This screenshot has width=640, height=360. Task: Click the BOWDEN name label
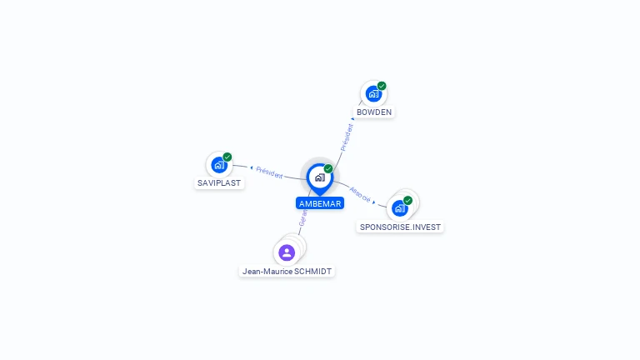point(373,112)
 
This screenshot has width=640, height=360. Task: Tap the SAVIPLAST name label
point(220,182)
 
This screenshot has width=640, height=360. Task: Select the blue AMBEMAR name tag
point(320,203)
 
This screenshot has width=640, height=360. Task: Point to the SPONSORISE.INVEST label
point(401,227)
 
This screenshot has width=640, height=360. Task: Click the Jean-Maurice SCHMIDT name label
point(287,271)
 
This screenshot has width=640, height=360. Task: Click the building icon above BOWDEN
point(372,94)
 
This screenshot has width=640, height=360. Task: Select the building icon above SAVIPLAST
point(218,165)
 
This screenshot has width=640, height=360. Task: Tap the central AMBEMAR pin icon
point(319,177)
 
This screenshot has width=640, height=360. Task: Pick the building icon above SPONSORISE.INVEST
point(400,208)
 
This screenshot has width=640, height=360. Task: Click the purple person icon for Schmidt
point(287,252)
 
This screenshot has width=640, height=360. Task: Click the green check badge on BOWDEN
point(382,86)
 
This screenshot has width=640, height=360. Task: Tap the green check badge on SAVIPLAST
point(227,157)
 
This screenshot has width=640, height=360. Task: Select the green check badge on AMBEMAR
point(328,168)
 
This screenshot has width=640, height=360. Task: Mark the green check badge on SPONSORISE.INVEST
point(408,200)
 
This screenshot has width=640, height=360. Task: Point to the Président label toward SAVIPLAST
point(269,172)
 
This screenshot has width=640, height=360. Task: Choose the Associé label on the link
point(360,192)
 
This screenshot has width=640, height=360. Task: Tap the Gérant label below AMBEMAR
point(303,219)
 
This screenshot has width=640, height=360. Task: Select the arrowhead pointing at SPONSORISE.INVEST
point(374,202)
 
